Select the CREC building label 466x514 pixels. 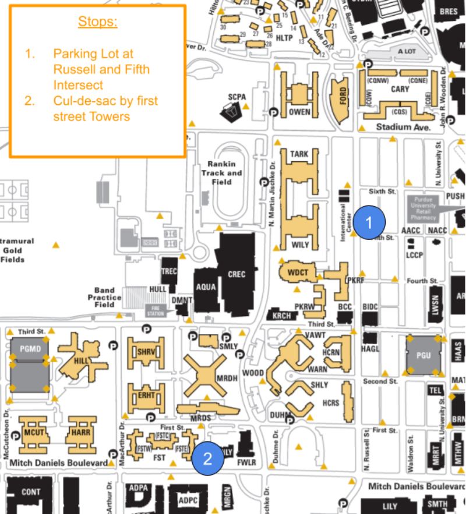236,275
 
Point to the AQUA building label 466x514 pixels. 206,287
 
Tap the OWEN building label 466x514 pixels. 299,111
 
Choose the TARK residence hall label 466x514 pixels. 299,154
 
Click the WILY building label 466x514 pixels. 300,245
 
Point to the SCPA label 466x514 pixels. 236,97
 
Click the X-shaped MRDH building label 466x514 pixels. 227,378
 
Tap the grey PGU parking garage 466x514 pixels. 423,355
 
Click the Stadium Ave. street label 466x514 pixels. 403,127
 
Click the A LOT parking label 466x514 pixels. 407,52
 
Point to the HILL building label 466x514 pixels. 81,361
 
